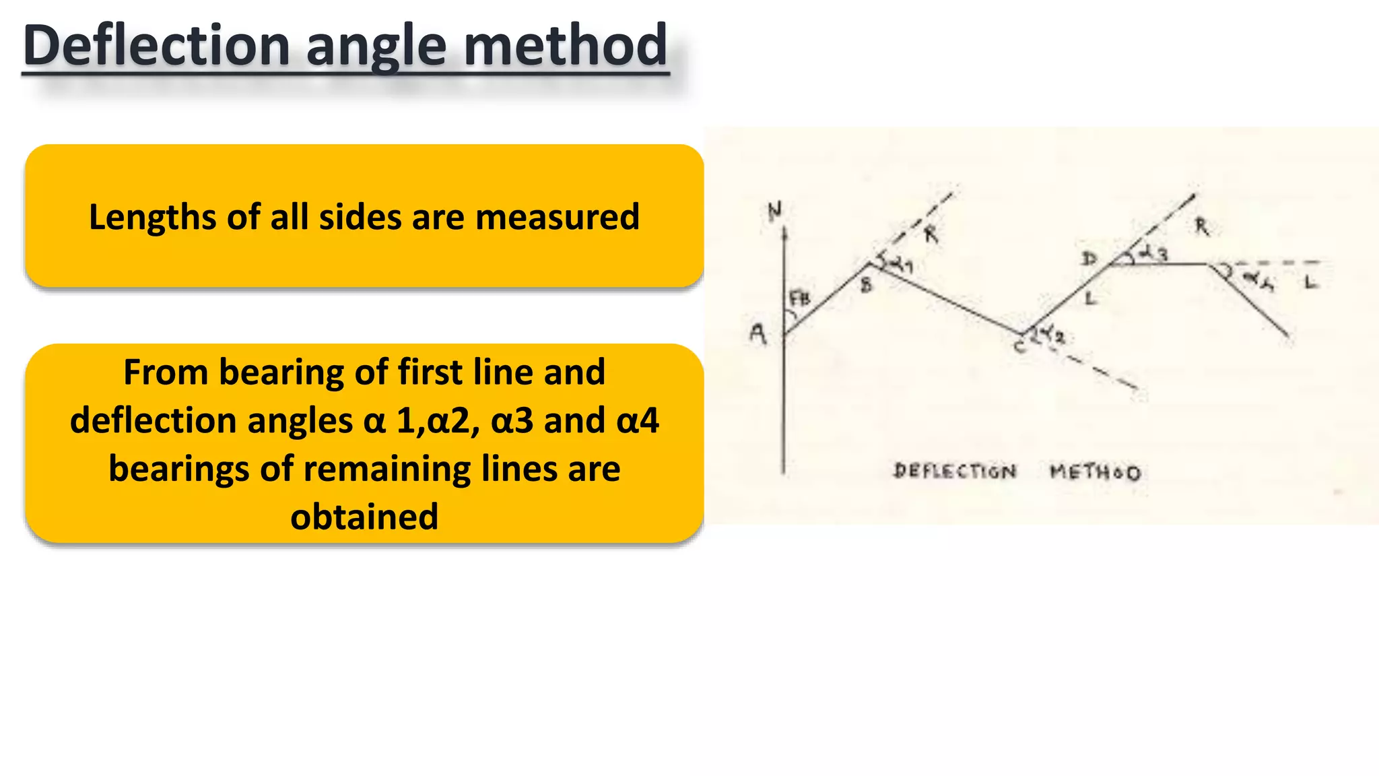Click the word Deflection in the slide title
pyautogui.click(x=156, y=46)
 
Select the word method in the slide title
pyautogui.click(x=566, y=46)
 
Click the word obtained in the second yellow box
pyautogui.click(x=364, y=517)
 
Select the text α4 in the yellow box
pyautogui.click(x=637, y=421)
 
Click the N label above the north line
pyautogui.click(x=775, y=212)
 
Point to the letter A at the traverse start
pyautogui.click(x=758, y=333)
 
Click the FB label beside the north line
pyautogui.click(x=800, y=298)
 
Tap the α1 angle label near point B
pyautogui.click(x=900, y=265)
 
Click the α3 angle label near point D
pyautogui.click(x=1153, y=254)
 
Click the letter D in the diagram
pyautogui.click(x=1089, y=259)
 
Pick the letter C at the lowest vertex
pyautogui.click(x=1019, y=347)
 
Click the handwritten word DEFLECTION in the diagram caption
pyautogui.click(x=955, y=471)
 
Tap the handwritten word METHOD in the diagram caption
pyautogui.click(x=1096, y=472)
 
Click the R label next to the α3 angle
pyautogui.click(x=1202, y=227)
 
